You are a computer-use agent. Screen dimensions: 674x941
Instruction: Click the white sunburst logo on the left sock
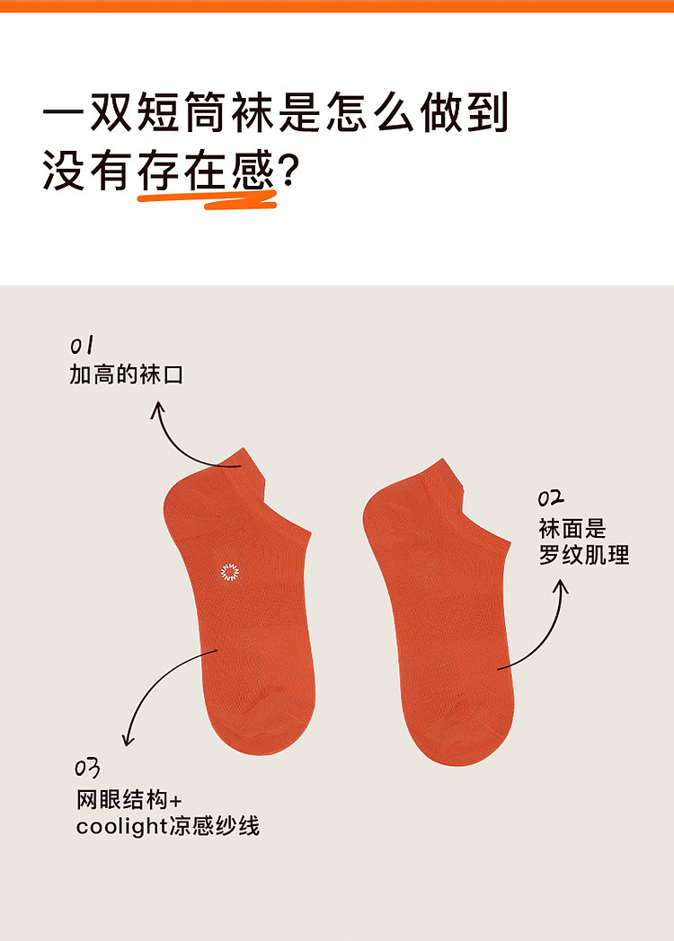pyautogui.click(x=229, y=572)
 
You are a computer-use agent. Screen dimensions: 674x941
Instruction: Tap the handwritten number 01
pyautogui.click(x=82, y=346)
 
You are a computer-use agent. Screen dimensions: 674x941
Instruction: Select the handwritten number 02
pyautogui.click(x=550, y=498)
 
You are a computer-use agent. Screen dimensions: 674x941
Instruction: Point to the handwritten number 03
pyautogui.click(x=87, y=769)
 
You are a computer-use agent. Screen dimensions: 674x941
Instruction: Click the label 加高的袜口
pyautogui.click(x=126, y=374)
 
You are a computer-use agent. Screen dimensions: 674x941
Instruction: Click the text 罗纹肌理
pyautogui.click(x=584, y=555)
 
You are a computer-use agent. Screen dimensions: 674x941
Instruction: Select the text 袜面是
pyautogui.click(x=572, y=529)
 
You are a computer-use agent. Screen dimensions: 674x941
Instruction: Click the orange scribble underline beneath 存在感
pyautogui.click(x=208, y=199)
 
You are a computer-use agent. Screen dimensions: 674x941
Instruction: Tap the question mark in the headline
pyautogui.click(x=289, y=170)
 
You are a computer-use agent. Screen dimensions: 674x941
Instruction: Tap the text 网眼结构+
pyautogui.click(x=129, y=800)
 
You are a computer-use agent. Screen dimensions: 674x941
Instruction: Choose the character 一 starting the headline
pyautogui.click(x=65, y=113)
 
